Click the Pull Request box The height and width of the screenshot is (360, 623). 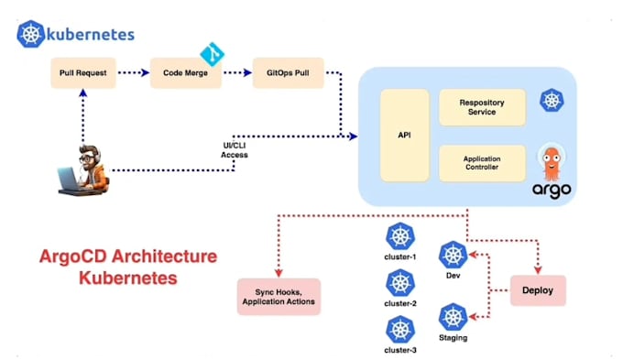[x=83, y=72]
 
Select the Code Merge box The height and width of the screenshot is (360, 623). [x=186, y=72]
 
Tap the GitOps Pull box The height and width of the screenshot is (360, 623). [x=288, y=72]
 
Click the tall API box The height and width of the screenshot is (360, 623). [x=404, y=135]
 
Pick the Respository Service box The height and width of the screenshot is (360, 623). [x=482, y=107]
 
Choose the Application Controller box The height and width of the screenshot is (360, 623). [x=482, y=163]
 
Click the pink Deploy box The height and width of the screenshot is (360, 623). [x=538, y=290]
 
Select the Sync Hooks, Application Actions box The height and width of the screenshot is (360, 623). [x=279, y=297]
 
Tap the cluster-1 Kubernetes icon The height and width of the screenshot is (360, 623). [x=400, y=236]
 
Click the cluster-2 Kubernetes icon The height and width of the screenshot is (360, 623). [x=400, y=283]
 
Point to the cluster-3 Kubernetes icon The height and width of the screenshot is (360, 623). [x=400, y=330]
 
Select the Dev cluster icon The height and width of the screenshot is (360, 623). [x=453, y=255]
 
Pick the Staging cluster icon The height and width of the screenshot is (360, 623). [x=453, y=317]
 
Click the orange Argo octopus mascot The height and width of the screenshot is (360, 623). [x=552, y=163]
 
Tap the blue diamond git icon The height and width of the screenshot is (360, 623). [x=213, y=54]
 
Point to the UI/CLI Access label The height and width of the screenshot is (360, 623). [x=235, y=150]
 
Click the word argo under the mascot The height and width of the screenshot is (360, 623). [x=552, y=191]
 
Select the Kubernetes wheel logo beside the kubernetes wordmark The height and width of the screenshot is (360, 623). [x=30, y=34]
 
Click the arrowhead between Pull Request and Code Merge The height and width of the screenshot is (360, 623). [x=146, y=72]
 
